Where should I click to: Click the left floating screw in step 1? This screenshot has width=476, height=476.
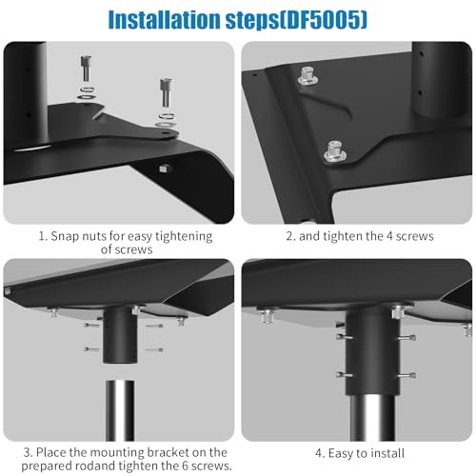[86, 72]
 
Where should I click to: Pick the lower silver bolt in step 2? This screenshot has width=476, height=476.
[335, 149]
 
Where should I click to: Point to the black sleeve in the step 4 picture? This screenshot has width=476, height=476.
[368, 352]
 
